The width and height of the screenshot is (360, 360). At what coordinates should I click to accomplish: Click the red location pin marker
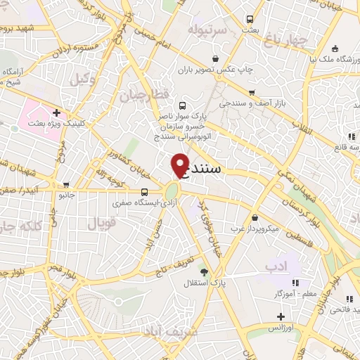pos(180,164)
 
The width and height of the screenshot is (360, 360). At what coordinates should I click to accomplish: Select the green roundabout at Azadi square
pos(172,191)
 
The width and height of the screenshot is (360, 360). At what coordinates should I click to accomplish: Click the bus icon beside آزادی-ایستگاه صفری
pos(144,192)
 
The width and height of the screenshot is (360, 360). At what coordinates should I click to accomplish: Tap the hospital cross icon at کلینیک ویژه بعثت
pos(56,112)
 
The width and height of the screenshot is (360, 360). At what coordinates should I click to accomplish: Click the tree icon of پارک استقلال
pos(204,271)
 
